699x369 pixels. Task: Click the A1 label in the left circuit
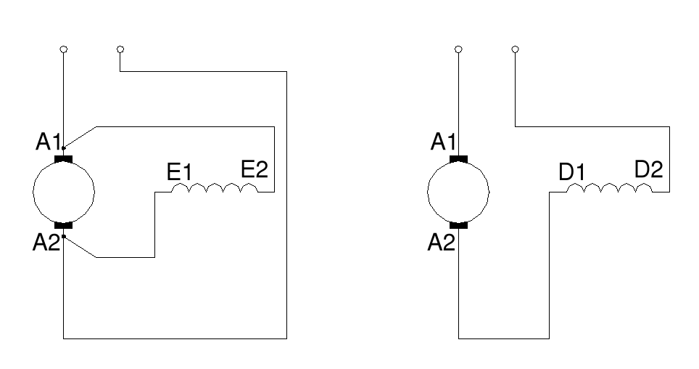click(48, 143)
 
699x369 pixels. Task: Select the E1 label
click(179, 173)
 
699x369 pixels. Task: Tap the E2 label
click(255, 170)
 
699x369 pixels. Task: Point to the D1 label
click(571, 173)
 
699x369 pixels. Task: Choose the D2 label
click(648, 170)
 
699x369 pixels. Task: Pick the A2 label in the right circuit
click(440, 242)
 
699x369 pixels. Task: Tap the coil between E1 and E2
click(215, 189)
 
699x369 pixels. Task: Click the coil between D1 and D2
click(609, 189)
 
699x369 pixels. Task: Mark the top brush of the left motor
click(64, 158)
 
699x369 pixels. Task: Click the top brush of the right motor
click(458, 158)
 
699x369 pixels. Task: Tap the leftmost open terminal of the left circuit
click(64, 49)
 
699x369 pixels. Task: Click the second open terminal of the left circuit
click(120, 49)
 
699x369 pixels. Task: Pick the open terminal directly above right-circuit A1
click(458, 49)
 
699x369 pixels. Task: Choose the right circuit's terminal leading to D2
click(515, 49)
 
